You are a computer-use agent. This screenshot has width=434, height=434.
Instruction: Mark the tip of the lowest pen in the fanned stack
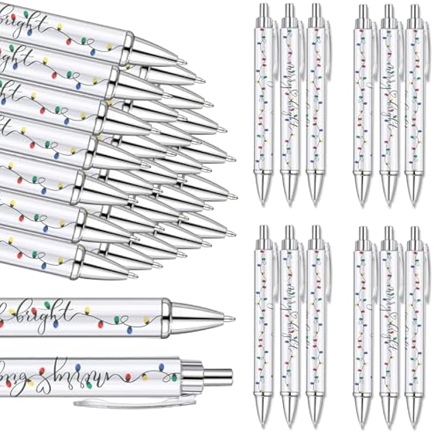(135, 275)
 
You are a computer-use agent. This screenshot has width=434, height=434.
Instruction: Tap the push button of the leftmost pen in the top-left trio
(263, 11)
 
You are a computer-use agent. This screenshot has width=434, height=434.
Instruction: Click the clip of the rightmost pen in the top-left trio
(327, 43)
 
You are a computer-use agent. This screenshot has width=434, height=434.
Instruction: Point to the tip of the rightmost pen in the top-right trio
(415, 201)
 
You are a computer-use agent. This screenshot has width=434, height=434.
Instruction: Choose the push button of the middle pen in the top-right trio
(388, 11)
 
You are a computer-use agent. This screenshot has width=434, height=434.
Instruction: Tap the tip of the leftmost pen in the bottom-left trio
(264, 420)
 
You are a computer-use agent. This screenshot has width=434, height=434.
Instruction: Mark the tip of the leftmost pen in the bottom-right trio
(362, 420)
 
